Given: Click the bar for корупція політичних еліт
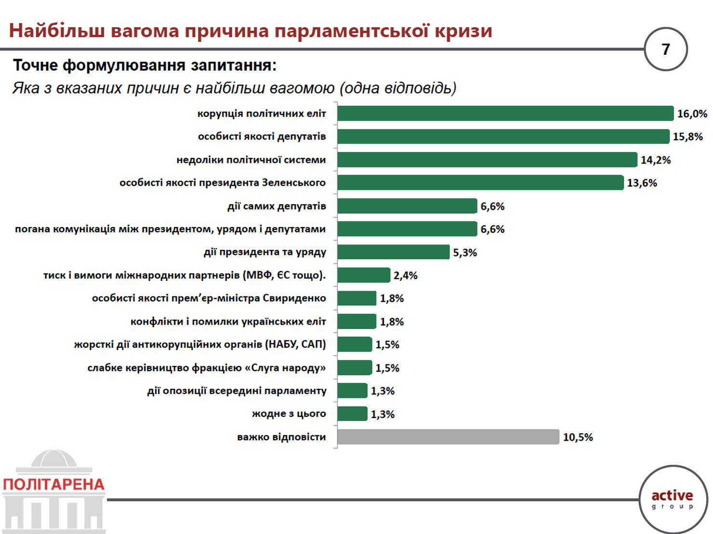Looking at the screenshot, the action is click(505, 113).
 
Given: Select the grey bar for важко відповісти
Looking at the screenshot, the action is click(448, 437).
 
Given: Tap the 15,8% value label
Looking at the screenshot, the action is click(687, 137).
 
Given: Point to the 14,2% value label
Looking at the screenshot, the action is click(656, 160).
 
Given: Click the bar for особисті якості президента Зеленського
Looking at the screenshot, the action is click(480, 182).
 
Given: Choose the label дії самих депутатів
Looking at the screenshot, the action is click(277, 206).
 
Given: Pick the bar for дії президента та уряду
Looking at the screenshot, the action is click(394, 252).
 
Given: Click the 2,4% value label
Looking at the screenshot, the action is click(405, 276).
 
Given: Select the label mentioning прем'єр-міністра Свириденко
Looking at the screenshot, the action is click(209, 298).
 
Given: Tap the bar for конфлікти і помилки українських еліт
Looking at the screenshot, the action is click(356, 321).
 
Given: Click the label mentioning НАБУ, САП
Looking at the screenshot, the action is click(200, 344).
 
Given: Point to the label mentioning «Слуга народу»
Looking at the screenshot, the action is click(207, 368).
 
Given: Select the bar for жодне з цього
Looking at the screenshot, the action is click(353, 414).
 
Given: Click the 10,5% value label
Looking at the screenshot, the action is click(578, 437).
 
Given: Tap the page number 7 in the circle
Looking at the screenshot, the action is click(666, 49).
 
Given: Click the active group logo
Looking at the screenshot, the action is click(673, 499).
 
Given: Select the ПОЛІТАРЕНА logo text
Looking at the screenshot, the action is click(53, 484).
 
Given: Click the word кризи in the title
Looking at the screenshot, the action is click(463, 31).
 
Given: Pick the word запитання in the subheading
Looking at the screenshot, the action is click(234, 65).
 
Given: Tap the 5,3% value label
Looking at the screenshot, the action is click(465, 253).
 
